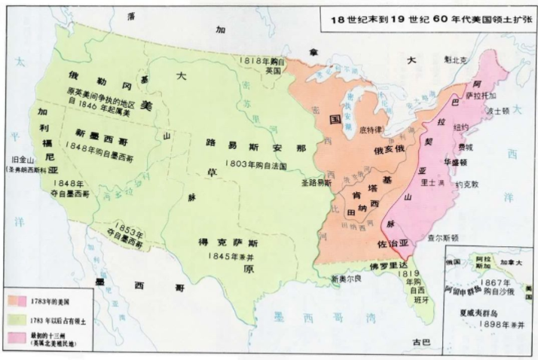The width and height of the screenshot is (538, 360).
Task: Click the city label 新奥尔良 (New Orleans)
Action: click(x=347, y=279)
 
